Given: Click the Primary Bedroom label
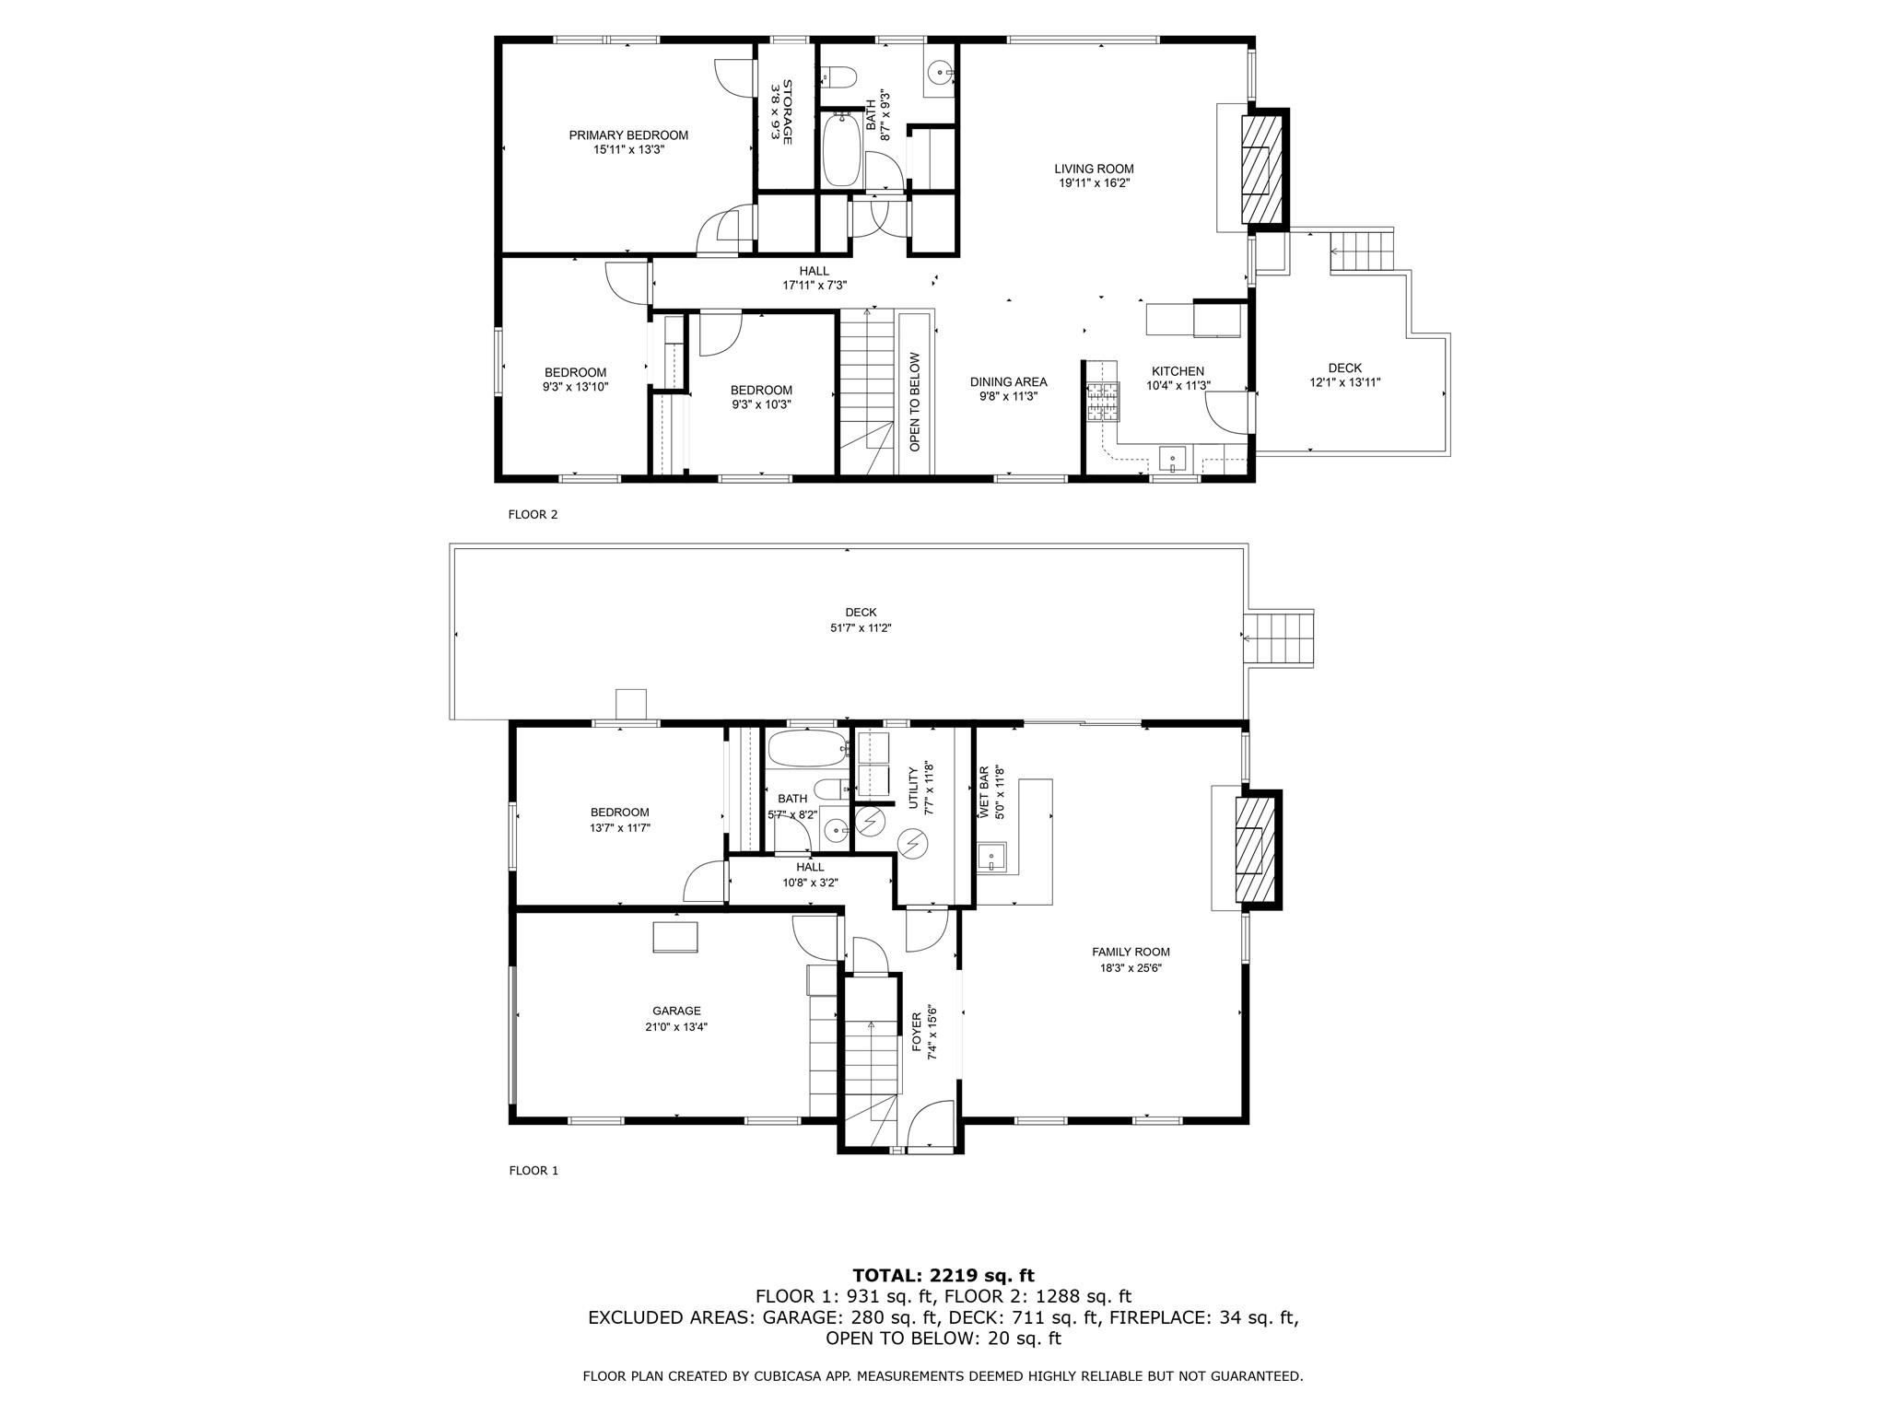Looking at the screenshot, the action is [x=628, y=135].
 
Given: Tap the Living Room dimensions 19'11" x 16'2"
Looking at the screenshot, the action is [x=1095, y=183].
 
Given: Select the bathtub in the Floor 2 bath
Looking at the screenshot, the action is [x=839, y=149].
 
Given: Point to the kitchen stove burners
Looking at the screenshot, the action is [x=1102, y=403].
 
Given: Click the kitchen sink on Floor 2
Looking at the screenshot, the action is [x=1173, y=457].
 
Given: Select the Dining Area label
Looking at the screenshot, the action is [x=1008, y=382].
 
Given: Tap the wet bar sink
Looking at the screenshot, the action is [x=992, y=859].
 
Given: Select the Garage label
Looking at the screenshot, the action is [x=677, y=1011].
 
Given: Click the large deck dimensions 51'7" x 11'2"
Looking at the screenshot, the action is [x=861, y=628].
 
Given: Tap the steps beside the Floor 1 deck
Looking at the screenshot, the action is [x=1280, y=637].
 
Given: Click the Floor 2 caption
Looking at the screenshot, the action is [x=533, y=515].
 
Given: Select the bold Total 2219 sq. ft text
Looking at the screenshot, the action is [x=943, y=1276].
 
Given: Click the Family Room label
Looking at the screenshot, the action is [x=1131, y=953].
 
